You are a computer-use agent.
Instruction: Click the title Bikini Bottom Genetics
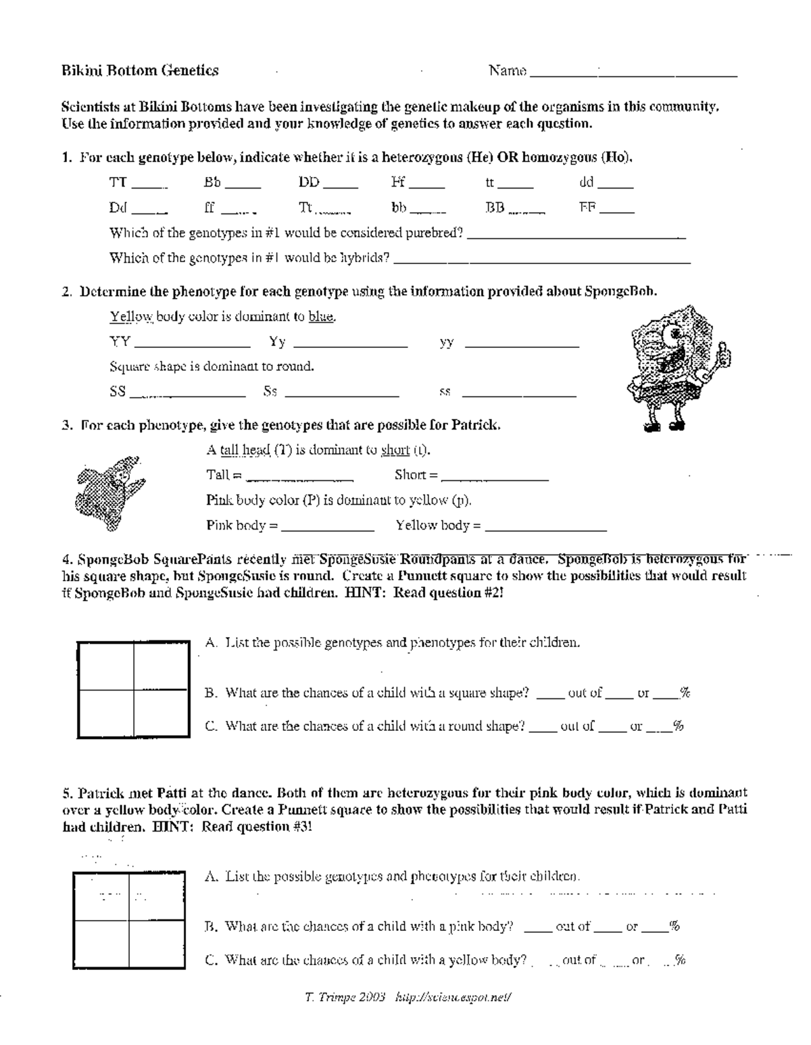[x=140, y=70]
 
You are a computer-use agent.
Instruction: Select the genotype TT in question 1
[x=118, y=182]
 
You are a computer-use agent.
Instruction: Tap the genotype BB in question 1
[x=495, y=208]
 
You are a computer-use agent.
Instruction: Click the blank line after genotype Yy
[x=349, y=346]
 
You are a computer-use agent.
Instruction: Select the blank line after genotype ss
[x=518, y=395]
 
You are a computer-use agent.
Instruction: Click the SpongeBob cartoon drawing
[x=679, y=368]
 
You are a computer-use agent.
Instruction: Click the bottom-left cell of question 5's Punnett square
[x=102, y=945]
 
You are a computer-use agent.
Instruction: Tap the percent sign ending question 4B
[x=685, y=692]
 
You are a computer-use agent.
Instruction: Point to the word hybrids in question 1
[x=368, y=258]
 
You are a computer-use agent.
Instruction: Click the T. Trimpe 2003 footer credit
[x=345, y=996]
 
